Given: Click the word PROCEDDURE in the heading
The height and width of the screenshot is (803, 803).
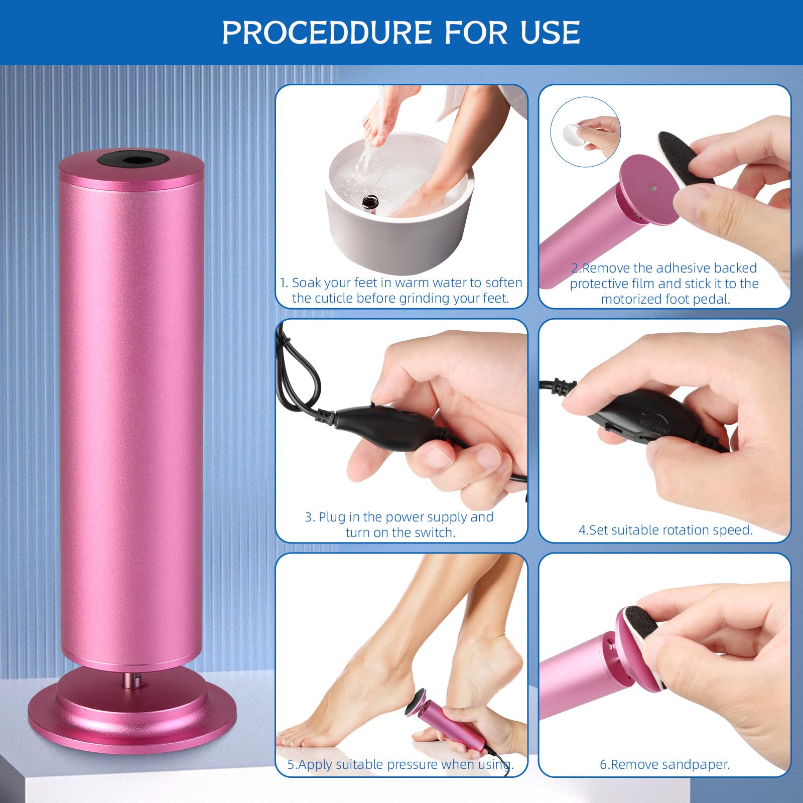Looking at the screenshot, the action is click(x=327, y=33).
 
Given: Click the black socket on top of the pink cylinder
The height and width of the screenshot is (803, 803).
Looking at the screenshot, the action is click(x=131, y=161).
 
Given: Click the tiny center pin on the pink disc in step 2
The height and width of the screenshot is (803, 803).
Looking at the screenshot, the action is click(x=652, y=189).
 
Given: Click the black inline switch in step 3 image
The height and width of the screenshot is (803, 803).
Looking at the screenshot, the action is click(x=384, y=423).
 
